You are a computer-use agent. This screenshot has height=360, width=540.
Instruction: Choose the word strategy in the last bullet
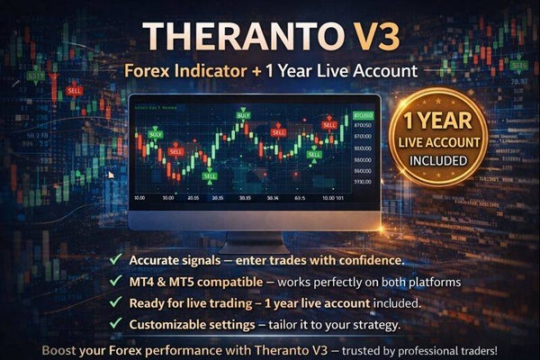(x=367, y=324)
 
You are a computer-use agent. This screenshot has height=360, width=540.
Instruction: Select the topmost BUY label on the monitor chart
(x=243, y=115)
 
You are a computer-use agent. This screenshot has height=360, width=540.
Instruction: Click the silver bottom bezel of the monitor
(x=253, y=220)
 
